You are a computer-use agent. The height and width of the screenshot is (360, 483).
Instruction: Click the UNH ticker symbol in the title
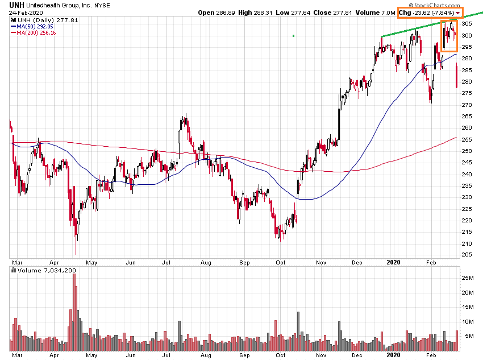[x=16, y=5]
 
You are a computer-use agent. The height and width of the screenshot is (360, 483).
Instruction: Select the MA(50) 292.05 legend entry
[x=35, y=26]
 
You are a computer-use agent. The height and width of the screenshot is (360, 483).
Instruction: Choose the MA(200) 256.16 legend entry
[x=36, y=32]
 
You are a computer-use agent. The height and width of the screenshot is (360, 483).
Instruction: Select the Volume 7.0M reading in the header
[x=376, y=13]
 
